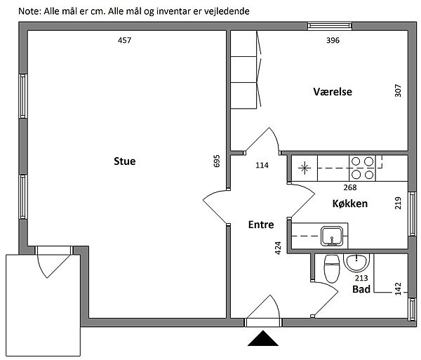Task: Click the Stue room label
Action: tap(125, 161)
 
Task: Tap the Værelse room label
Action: tap(333, 92)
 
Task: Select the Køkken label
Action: tap(350, 204)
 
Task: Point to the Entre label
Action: tap(261, 225)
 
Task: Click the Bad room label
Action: tap(361, 289)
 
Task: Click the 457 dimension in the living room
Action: tap(125, 40)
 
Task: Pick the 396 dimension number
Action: tap(333, 40)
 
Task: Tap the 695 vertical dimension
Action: tap(217, 161)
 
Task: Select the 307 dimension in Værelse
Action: tap(398, 91)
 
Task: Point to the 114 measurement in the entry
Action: tap(262, 165)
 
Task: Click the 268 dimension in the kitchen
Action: tap(350, 187)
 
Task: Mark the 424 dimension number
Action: tap(278, 248)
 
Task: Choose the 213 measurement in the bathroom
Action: tap(361, 278)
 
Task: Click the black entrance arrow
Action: tap(263, 338)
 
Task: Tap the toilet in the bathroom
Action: tap(332, 269)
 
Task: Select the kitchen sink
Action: tap(332, 236)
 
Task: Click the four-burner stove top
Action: tap(362, 168)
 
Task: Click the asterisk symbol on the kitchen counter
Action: tap(305, 168)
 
